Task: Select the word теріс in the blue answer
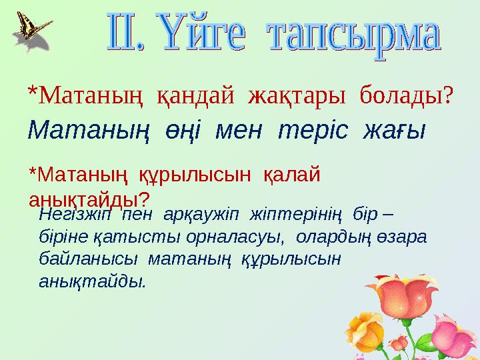[x=313, y=129]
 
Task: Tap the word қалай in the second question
[x=293, y=175]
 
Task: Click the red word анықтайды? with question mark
[x=89, y=199]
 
